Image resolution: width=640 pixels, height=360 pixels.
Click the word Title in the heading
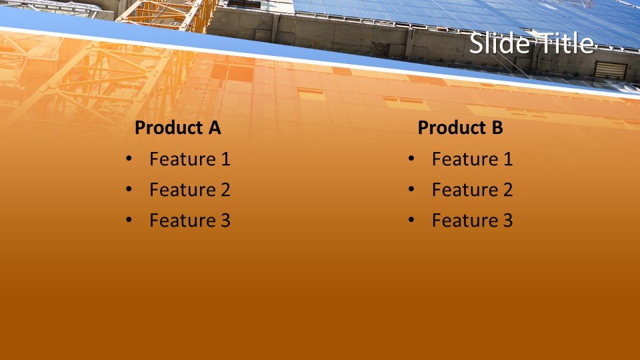pos(563,43)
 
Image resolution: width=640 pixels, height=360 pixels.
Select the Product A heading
pos(177,128)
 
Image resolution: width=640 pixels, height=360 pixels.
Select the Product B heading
pos(460,128)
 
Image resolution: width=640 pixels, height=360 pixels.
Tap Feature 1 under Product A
pos(190,159)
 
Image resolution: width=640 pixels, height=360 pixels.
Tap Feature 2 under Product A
pos(190,189)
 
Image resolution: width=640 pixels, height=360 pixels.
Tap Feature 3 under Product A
pos(190,221)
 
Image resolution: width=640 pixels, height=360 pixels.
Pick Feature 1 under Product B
pos(472,159)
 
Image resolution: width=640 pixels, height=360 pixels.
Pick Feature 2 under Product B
pos(472,189)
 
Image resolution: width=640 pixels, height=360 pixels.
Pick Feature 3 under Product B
pos(472,221)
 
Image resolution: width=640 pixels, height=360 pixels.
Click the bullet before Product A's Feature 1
pos(129,159)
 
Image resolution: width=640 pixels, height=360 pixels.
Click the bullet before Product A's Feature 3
pos(129,220)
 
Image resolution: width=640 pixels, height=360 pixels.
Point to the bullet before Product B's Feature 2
pos(411,189)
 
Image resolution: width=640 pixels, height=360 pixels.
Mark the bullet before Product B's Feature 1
pos(411,159)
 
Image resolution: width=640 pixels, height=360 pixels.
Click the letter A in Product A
pos(214,128)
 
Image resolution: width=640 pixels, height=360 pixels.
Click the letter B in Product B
pos(497,128)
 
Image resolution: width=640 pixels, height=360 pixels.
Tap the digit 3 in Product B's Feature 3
pos(507,221)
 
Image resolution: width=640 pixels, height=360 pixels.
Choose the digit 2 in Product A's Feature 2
pos(225,189)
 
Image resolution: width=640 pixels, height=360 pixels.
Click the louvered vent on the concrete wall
pos(611,70)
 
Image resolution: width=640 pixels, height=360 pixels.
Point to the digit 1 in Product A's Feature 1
pos(226,159)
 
